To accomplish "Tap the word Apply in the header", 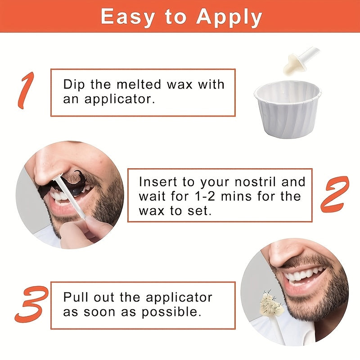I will pos(229,18).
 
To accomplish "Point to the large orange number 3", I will pos(30,305).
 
